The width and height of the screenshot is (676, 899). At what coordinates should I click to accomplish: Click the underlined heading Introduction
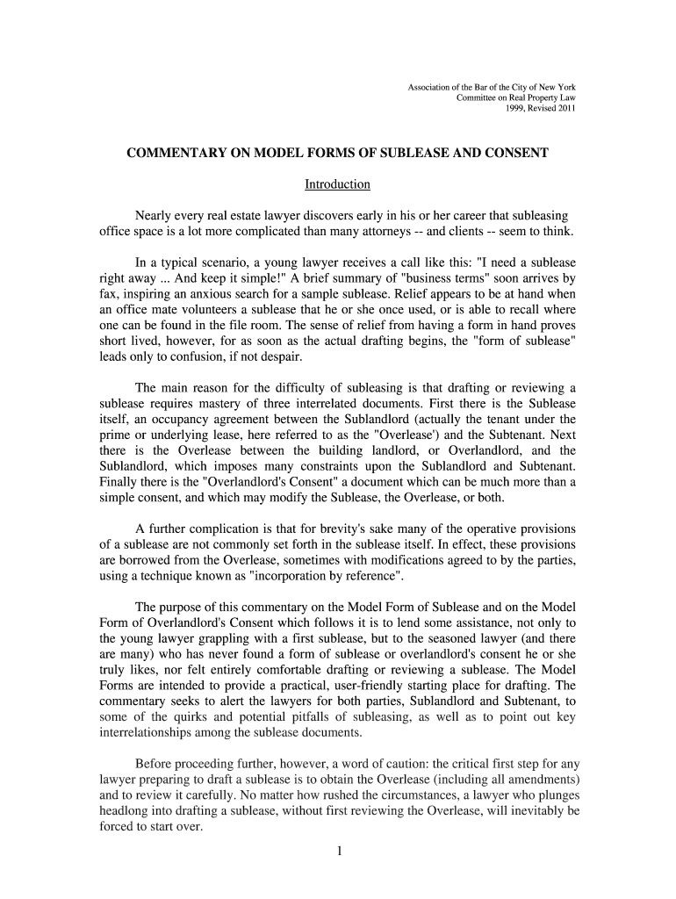pos(337,184)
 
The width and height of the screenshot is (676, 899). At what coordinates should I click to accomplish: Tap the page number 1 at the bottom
pos(338,851)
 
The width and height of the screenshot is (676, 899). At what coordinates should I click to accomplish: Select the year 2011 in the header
pos(564,109)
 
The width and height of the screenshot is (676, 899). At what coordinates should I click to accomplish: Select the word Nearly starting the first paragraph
pos(155,215)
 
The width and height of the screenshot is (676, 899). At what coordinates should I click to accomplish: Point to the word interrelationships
pos(147,732)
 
